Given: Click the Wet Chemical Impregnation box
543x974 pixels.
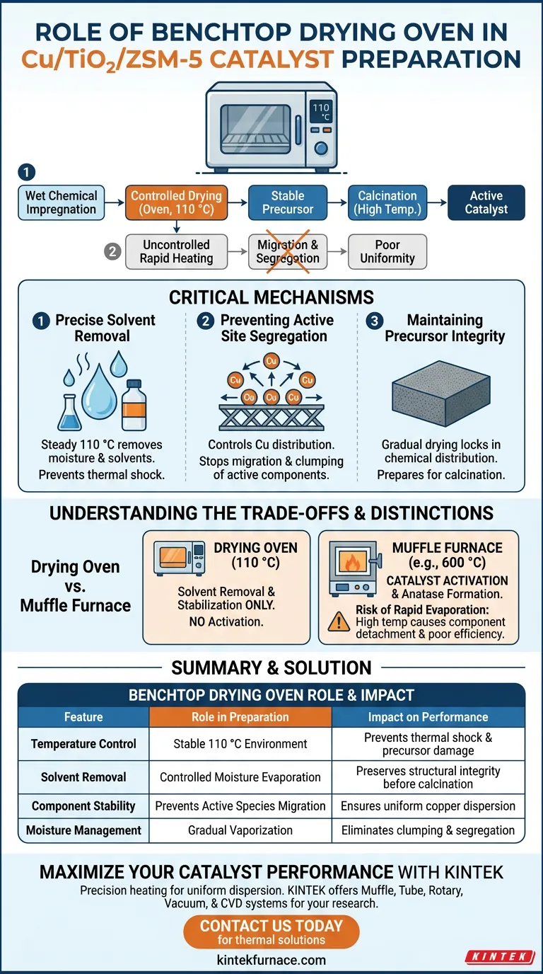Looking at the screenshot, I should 62,202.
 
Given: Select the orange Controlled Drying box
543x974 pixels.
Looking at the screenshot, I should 176,202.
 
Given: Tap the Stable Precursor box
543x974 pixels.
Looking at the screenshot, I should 288,202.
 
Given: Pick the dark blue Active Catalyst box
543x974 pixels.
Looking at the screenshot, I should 486,202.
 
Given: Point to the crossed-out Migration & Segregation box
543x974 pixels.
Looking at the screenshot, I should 288,251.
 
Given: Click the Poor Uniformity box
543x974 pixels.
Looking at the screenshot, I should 387,251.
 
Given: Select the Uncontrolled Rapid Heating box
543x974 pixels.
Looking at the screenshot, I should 176,251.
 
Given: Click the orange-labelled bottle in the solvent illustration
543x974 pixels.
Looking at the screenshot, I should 134,404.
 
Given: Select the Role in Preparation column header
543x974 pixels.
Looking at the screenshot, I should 240,717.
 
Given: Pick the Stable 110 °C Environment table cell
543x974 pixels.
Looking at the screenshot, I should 240,744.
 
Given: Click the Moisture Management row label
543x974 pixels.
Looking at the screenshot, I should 83,830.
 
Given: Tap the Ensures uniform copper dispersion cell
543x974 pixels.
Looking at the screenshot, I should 428,806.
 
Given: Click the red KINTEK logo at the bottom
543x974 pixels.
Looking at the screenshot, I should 499,956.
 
